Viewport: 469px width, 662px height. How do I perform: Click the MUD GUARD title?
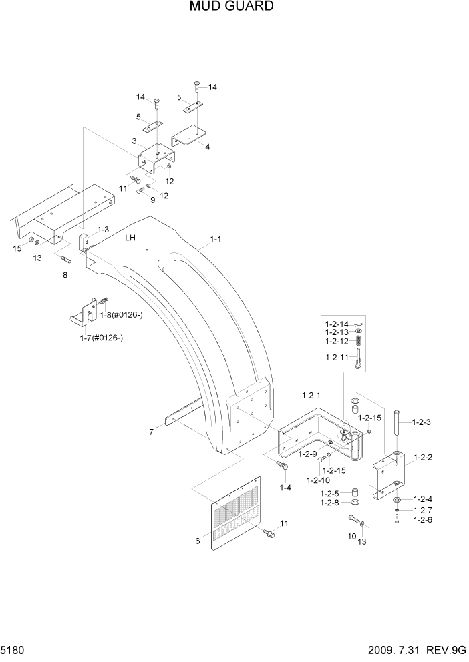point(232,7)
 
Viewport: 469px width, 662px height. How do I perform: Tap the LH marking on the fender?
point(130,237)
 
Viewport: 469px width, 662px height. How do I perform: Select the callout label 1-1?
point(216,238)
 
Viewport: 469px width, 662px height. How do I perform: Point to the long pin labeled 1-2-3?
point(397,431)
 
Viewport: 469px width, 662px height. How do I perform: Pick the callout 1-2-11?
point(337,357)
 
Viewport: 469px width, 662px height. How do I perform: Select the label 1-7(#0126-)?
point(101,338)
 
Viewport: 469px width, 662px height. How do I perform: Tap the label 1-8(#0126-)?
point(121,314)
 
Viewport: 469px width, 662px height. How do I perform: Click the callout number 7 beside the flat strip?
point(151,432)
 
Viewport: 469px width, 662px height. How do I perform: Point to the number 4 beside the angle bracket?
point(208,147)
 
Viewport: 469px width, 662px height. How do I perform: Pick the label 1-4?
point(285,488)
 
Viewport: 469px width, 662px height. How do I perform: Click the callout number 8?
point(65,274)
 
